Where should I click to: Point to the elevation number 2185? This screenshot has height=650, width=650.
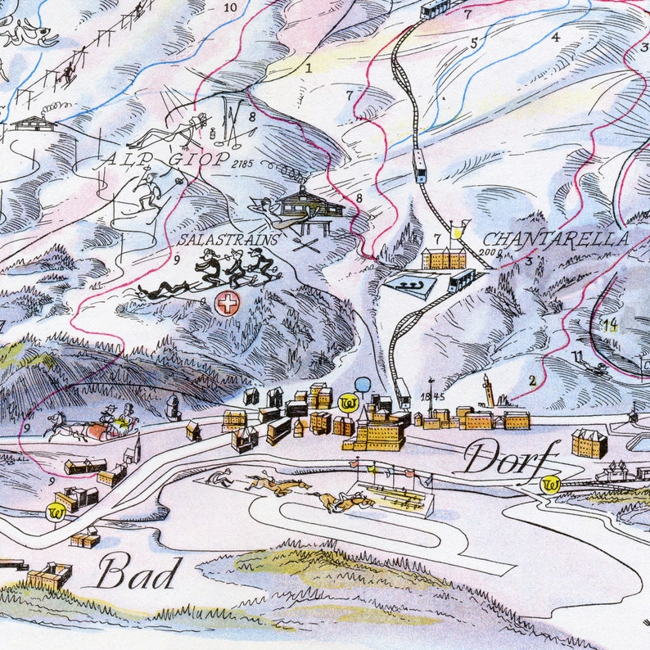[x=243, y=164]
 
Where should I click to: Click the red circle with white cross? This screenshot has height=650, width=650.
[x=226, y=303]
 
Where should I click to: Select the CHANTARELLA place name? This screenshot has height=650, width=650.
[x=556, y=239]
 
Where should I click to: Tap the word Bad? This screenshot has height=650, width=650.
[x=137, y=572]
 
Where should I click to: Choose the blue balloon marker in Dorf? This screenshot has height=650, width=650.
[x=363, y=385]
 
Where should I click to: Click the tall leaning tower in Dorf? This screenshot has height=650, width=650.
[x=489, y=390]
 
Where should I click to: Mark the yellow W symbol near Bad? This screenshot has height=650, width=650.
[x=56, y=512]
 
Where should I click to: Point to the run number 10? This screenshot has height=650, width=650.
[x=230, y=8]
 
